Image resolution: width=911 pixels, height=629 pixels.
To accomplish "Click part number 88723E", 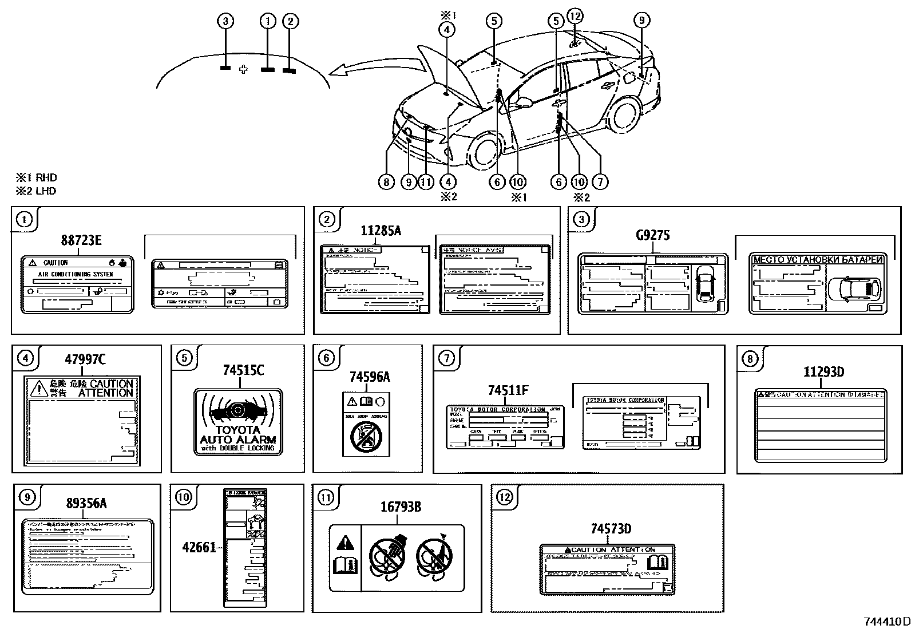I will point(81,240).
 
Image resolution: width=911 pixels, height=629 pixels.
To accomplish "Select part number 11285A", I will point(381,231).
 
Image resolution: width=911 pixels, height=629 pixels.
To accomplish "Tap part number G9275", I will point(652,235).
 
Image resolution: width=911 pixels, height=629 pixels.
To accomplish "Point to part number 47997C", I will point(84,360).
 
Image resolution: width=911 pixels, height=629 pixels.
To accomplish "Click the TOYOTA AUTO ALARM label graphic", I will point(238,422).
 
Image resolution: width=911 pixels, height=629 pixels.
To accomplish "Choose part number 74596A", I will point(369,377).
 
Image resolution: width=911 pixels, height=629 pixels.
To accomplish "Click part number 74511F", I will point(508,390).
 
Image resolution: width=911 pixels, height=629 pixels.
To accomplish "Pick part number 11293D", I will point(823,372).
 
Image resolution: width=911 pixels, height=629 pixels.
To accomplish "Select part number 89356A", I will point(86,504).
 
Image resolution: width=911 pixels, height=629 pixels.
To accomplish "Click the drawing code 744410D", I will point(886,622).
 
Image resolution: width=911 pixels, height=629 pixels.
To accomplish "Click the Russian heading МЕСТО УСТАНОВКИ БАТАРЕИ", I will point(818,260).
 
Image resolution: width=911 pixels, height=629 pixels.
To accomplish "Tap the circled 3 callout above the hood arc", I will point(226,22).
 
